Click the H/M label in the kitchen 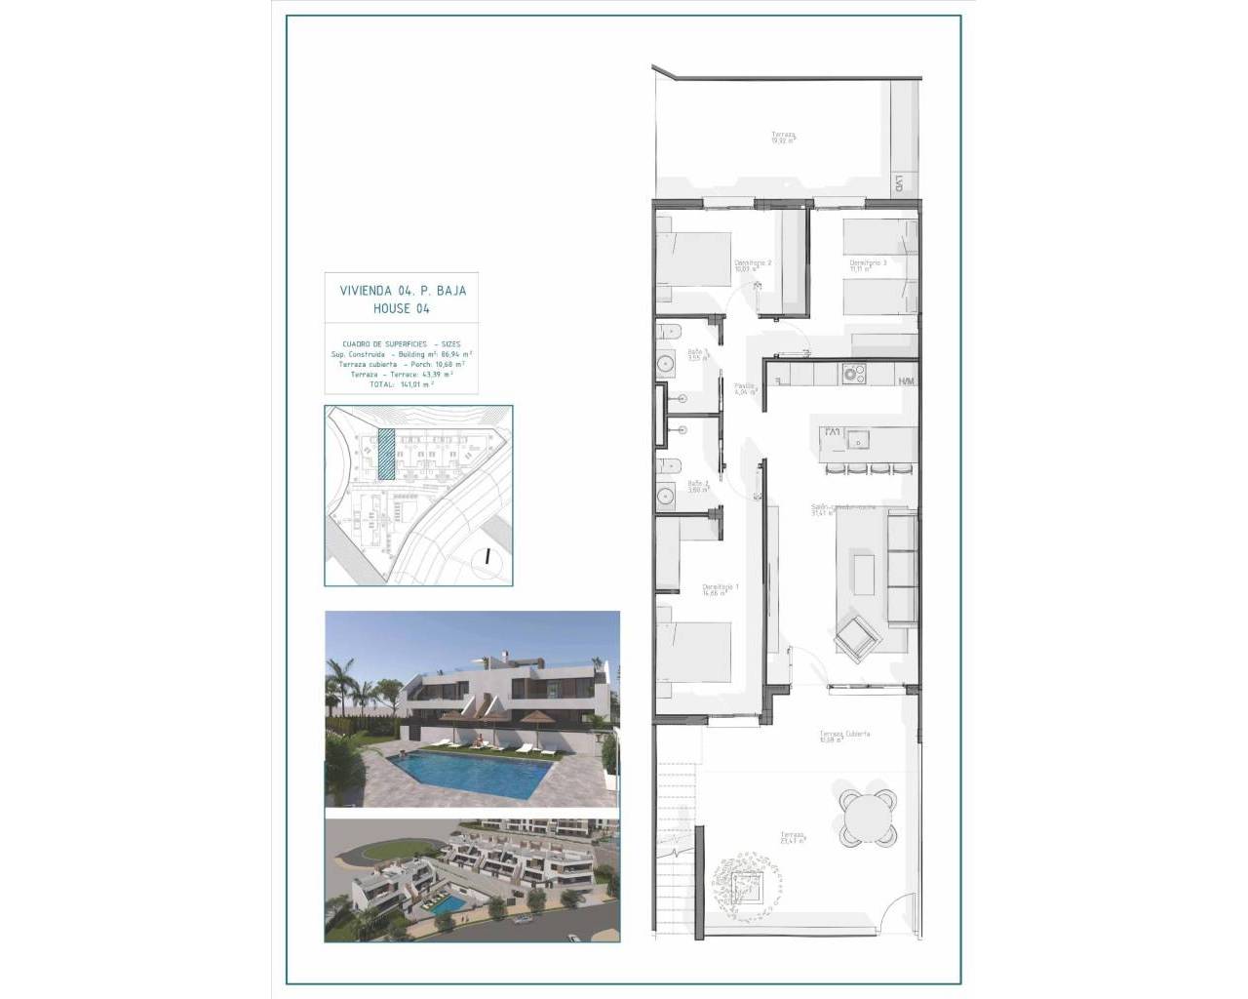(906, 380)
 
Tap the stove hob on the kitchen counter (855, 373)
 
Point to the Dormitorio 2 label (754, 264)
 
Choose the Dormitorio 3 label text (867, 264)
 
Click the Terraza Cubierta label (844, 735)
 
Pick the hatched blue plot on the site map (386, 455)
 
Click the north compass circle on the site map (485, 558)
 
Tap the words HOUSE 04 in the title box (402, 308)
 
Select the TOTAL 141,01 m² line (402, 384)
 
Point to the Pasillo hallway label (745, 387)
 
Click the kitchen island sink (858, 438)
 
